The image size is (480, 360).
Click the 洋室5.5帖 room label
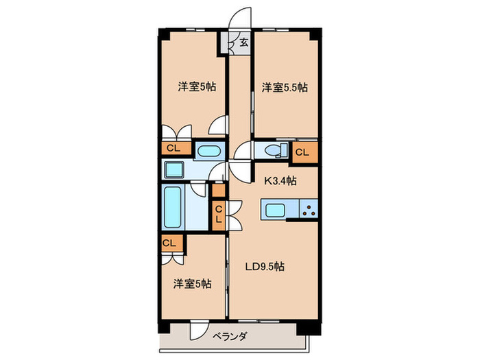coord(284,87)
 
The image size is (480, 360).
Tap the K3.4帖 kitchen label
coord(281,181)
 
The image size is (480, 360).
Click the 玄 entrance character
coord(244,43)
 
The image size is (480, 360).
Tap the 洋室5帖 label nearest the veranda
coord(193,283)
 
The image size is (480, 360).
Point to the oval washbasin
coord(207,150)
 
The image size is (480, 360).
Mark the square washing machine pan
coord(174,169)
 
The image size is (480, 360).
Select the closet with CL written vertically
coord(218,214)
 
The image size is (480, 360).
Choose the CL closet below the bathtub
coord(170,243)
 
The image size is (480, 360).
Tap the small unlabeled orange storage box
coord(218,191)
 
